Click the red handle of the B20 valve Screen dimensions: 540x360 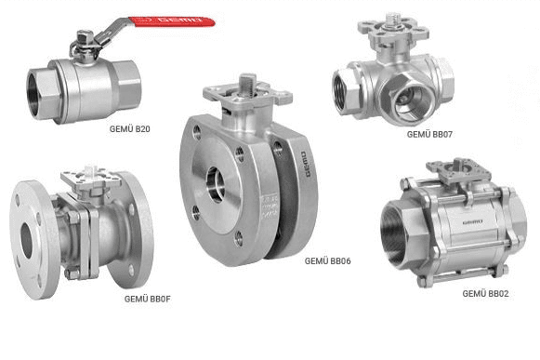point(172,21)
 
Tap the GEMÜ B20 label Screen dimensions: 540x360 point(129,129)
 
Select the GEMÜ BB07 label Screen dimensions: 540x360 point(429,135)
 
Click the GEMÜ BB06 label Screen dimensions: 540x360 point(327,261)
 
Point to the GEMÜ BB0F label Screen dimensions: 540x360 point(148,299)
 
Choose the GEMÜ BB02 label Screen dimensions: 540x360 point(485,293)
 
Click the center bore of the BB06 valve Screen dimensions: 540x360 point(216,184)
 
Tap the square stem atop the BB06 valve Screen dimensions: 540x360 point(248,83)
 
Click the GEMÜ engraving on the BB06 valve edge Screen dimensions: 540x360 point(304,164)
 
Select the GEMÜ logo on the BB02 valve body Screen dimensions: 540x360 point(472,222)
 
